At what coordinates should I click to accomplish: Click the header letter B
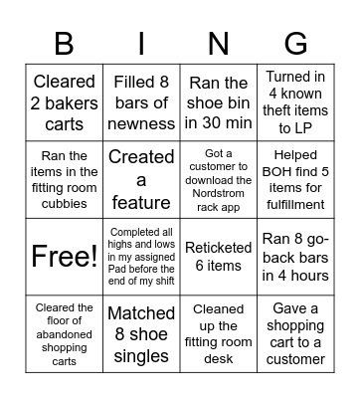(x=64, y=43)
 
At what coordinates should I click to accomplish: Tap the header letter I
(x=141, y=43)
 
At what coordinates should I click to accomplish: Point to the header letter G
(x=296, y=43)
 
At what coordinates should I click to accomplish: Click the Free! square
(x=64, y=256)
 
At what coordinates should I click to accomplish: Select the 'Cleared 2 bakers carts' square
(x=64, y=101)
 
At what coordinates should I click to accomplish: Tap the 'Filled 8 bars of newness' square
(x=141, y=101)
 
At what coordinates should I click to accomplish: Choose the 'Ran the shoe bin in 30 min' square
(x=219, y=101)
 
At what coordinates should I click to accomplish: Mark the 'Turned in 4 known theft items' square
(x=296, y=101)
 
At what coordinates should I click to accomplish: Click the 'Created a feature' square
(x=141, y=179)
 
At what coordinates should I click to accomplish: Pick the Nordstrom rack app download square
(x=219, y=179)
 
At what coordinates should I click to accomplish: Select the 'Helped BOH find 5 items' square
(x=296, y=179)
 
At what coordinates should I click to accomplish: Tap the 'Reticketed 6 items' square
(x=219, y=256)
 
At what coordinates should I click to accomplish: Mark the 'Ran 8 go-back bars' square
(x=296, y=256)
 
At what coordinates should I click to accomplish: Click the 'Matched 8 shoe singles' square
(x=141, y=333)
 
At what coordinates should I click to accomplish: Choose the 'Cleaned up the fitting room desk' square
(x=219, y=333)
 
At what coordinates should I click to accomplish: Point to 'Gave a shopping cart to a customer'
(x=296, y=333)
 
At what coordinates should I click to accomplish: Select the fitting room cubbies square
(x=64, y=179)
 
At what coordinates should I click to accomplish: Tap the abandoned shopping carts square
(x=64, y=333)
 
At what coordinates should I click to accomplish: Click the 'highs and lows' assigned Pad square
(x=141, y=256)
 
